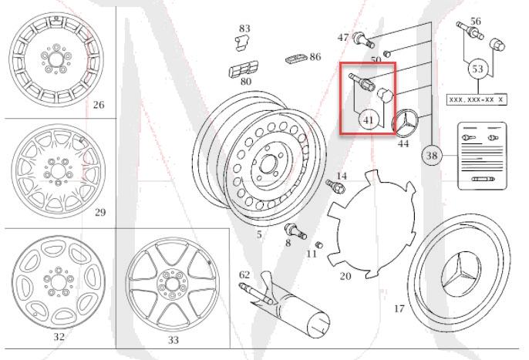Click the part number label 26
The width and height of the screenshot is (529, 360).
(98, 105)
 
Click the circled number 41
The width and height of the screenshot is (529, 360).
(369, 120)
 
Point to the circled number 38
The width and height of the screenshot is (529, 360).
(432, 156)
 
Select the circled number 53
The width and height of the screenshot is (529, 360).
(477, 69)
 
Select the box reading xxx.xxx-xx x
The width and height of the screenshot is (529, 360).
(477, 99)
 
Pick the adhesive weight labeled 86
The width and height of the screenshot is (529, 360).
(294, 59)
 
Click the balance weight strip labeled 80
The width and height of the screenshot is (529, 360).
(240, 70)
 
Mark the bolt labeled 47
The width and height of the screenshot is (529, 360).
(361, 36)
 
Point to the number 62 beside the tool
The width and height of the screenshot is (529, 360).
(244, 274)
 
